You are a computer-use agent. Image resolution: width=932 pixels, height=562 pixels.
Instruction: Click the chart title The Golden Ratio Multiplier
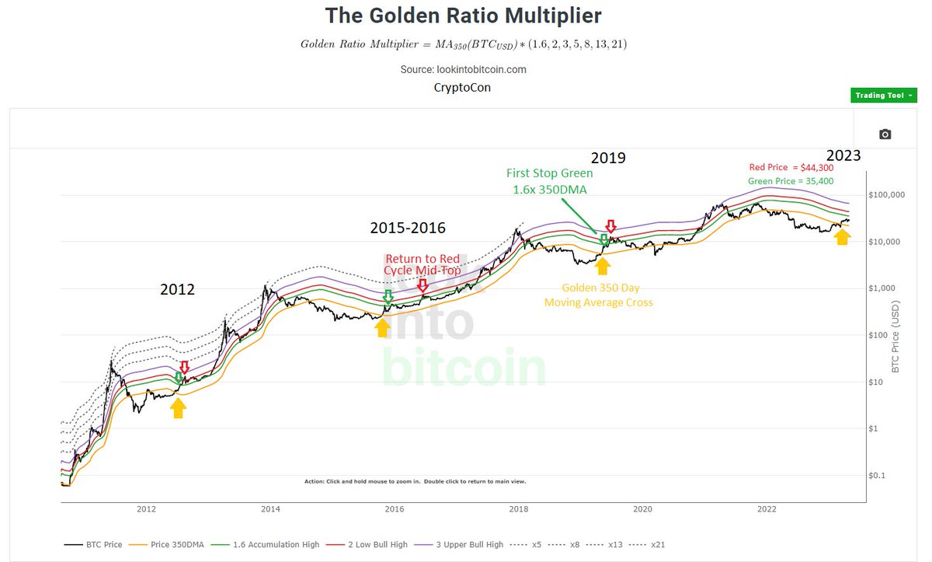[463, 16]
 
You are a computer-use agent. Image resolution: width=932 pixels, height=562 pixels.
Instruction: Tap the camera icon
[885, 134]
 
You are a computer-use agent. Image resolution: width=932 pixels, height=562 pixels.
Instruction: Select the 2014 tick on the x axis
[270, 509]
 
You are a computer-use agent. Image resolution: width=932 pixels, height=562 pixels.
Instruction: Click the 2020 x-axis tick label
[642, 509]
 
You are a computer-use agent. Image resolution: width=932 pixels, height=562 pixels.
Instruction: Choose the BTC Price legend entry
[94, 545]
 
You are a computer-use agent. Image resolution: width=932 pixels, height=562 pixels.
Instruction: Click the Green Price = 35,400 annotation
[791, 181]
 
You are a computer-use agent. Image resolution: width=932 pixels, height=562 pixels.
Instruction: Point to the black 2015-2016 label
[407, 228]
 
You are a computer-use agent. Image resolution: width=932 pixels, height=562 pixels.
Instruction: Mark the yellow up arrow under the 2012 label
[179, 407]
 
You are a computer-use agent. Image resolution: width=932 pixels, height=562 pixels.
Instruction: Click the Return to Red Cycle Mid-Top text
[421, 264]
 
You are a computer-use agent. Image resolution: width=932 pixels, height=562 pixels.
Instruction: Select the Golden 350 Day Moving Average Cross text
[599, 295]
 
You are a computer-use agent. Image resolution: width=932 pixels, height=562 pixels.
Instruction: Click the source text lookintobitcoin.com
[463, 69]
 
